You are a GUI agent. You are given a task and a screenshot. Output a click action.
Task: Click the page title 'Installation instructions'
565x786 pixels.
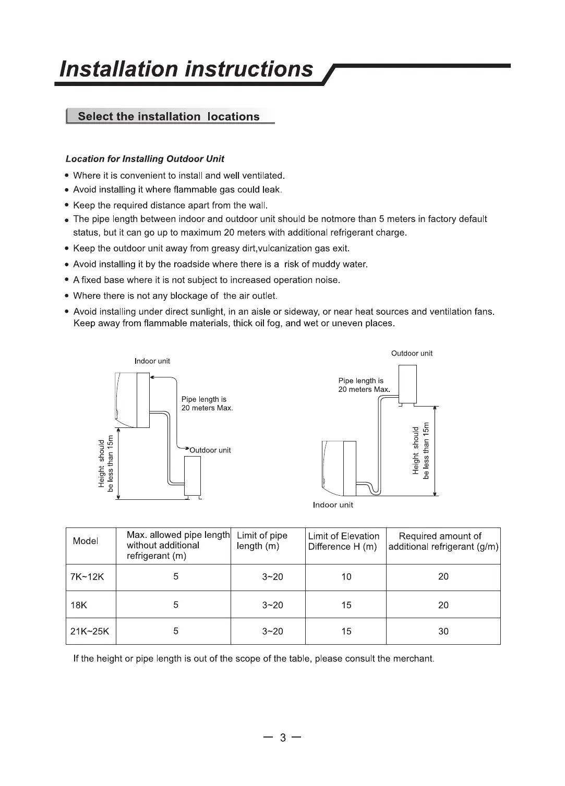[186, 69]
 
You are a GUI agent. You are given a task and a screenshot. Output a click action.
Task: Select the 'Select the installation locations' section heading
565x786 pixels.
[169, 117]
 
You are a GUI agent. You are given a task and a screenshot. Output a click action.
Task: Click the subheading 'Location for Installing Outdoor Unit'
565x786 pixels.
[145, 159]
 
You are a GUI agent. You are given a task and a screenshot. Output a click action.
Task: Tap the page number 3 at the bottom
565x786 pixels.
[283, 738]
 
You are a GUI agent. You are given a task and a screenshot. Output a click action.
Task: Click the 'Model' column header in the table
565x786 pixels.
[86, 541]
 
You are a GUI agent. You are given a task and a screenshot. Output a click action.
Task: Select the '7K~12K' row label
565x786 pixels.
[87, 577]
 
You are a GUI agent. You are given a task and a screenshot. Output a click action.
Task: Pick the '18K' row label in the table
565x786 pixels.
[79, 605]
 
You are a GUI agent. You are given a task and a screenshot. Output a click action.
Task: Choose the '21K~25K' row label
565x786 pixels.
[90, 631]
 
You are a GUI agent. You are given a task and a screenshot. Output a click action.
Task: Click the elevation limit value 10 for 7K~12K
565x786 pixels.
[346, 577]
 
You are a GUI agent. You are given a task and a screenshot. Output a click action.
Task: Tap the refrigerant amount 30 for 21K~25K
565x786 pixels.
[443, 631]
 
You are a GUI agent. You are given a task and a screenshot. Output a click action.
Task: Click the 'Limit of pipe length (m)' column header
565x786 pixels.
[262, 541]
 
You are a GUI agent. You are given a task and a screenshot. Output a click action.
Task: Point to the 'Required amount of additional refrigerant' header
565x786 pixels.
[443, 541]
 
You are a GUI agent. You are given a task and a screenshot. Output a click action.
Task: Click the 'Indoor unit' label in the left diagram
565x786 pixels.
[152, 361]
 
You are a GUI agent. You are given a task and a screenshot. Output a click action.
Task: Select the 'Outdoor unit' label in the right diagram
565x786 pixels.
[412, 353]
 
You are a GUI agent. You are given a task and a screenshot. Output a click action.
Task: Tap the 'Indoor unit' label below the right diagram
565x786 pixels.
[333, 505]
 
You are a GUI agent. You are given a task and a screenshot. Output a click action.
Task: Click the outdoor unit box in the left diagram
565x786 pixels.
[193, 476]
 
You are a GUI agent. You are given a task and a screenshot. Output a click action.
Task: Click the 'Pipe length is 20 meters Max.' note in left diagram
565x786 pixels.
[207, 404]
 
